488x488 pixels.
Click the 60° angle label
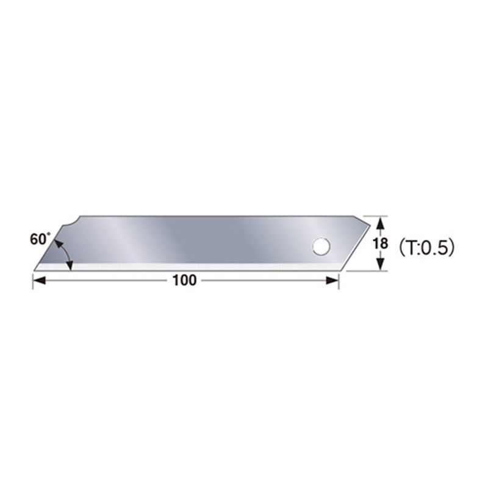(38, 240)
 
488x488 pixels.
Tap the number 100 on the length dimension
(184, 281)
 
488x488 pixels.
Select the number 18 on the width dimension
(380, 243)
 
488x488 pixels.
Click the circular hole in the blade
(320, 247)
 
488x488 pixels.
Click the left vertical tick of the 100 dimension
(32, 280)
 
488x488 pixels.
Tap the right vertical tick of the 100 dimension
(339, 280)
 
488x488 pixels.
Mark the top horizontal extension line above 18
(373, 215)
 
